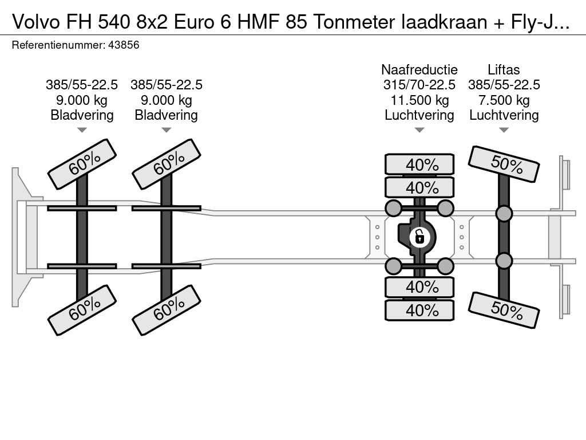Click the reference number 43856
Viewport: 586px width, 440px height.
click(x=124, y=45)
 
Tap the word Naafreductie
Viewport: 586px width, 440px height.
click(x=419, y=69)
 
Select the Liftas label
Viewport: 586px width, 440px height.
click(x=504, y=69)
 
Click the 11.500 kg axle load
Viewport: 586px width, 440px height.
click(x=419, y=100)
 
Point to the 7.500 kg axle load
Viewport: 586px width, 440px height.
click(x=504, y=100)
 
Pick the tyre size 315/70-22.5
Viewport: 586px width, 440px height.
click(x=419, y=85)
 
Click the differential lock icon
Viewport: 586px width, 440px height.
click(x=419, y=237)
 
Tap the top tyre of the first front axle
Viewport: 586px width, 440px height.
click(x=82, y=164)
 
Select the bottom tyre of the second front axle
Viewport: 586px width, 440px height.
click(x=167, y=310)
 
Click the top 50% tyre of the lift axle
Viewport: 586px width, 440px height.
click(x=504, y=164)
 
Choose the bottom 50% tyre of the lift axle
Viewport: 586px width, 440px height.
click(x=504, y=310)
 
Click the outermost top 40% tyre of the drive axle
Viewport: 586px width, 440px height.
click(x=419, y=164)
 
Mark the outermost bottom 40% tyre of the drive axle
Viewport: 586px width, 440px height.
click(x=419, y=310)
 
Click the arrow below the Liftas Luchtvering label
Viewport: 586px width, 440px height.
click(x=504, y=130)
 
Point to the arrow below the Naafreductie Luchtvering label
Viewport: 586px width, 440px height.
click(x=419, y=130)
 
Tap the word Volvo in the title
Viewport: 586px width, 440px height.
click(x=35, y=22)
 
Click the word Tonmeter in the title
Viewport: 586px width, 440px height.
click(x=354, y=22)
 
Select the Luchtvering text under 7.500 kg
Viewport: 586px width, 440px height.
click(x=504, y=115)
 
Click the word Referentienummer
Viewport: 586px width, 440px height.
click(x=58, y=45)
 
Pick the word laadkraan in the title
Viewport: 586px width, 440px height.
click(x=444, y=22)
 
